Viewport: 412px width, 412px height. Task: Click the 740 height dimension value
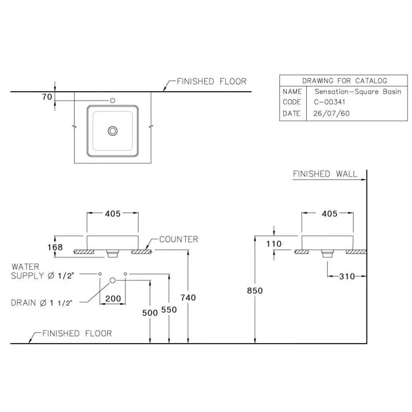(x=188, y=298)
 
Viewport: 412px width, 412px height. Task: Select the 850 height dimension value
(x=254, y=291)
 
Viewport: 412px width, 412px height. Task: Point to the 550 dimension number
(x=169, y=310)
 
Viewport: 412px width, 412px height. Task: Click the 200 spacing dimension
(x=113, y=299)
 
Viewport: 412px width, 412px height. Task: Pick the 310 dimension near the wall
(x=347, y=276)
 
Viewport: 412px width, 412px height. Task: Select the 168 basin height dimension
(x=56, y=247)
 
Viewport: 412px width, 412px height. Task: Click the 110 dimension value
(x=274, y=244)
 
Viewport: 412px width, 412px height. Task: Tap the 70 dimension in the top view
(x=47, y=97)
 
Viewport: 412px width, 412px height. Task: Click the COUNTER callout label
(x=178, y=239)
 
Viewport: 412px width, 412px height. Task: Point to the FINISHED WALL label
(x=325, y=174)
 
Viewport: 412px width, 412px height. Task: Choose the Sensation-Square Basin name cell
(x=358, y=91)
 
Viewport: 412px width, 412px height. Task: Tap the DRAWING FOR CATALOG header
(x=344, y=81)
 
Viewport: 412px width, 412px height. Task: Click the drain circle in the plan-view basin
(x=113, y=131)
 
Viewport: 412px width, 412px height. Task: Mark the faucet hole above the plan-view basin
(x=112, y=101)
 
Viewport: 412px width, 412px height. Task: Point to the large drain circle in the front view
(x=113, y=280)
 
